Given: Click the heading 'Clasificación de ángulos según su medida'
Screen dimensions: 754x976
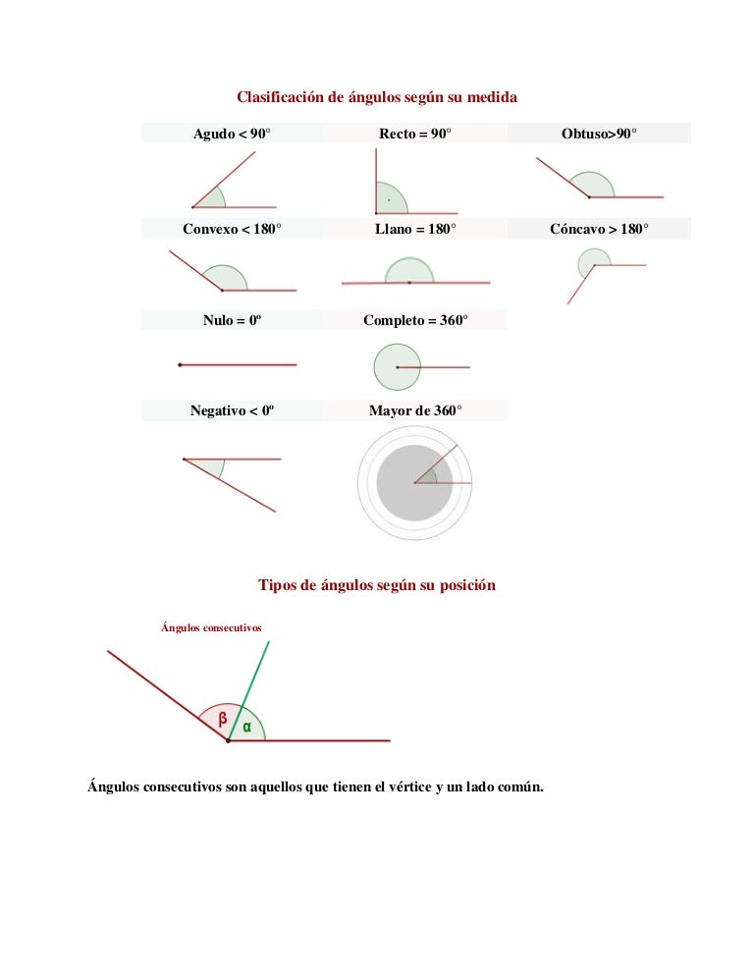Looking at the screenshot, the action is [377, 97].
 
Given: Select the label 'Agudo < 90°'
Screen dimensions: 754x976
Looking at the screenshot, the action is [232, 134].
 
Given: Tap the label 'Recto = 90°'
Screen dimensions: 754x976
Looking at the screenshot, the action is [414, 134].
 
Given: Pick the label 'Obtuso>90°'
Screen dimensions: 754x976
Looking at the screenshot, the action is [599, 134].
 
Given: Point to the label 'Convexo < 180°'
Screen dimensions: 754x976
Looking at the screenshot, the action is [232, 229].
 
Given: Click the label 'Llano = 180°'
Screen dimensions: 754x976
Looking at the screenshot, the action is [415, 229].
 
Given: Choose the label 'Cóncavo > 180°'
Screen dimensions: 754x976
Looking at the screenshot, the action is [599, 229].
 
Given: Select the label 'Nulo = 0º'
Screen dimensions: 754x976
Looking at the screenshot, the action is [232, 320].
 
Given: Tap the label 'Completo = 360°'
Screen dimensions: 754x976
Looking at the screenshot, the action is [415, 320].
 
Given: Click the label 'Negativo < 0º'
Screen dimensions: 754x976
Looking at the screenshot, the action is [232, 410].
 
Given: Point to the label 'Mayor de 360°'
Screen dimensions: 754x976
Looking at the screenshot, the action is [415, 410].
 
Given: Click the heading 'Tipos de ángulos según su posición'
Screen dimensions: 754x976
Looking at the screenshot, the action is [377, 585].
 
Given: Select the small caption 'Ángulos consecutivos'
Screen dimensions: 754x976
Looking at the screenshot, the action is [211, 627].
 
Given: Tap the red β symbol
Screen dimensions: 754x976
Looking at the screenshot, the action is [222, 720].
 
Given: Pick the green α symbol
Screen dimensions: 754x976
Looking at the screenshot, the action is [247, 727].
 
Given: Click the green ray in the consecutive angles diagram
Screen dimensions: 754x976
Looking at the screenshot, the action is [248, 691].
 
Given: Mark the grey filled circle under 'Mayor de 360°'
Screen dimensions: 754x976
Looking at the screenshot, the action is [414, 482].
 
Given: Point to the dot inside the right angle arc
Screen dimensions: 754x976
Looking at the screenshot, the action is [389, 199].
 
